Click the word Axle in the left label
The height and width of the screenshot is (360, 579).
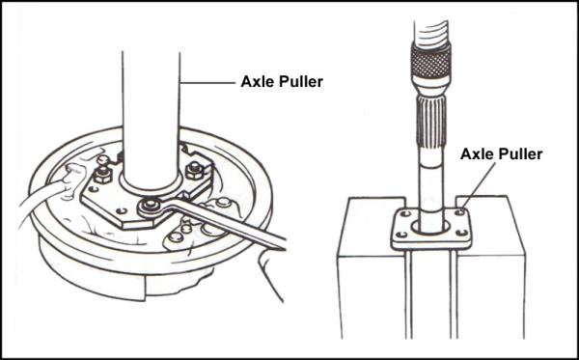[257, 82]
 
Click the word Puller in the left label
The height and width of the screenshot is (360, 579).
[300, 82]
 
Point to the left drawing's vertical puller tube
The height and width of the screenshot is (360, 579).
[151, 106]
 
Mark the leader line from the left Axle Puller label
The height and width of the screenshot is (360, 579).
[207, 83]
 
